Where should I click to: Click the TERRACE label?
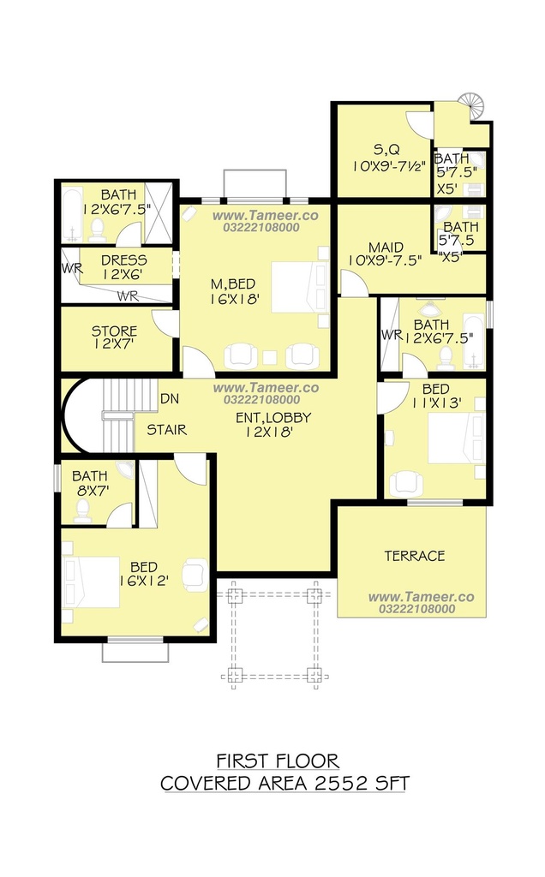click(415, 556)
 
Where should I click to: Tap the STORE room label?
click(114, 331)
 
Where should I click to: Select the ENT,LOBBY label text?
click(273, 418)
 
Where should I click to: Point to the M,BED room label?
click(233, 284)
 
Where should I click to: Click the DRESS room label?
click(124, 260)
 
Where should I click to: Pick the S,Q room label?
click(386, 149)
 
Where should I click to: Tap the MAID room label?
click(386, 248)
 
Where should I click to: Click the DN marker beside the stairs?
click(170, 399)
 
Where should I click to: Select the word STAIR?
click(167, 430)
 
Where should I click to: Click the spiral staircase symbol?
click(474, 105)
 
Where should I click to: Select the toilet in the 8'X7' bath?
click(83, 511)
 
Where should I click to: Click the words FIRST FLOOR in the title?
click(278, 761)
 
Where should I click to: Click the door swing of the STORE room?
click(165, 323)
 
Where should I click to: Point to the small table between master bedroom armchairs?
click(271, 357)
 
